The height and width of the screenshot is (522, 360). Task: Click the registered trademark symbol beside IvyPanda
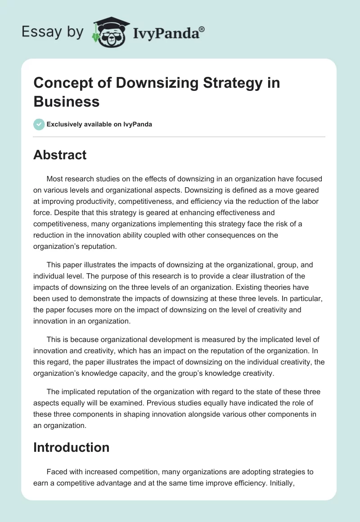[202, 29]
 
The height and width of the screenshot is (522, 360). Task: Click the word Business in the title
[66, 101]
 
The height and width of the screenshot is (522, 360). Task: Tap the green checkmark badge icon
[39, 124]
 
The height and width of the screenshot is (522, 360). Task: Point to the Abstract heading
[60, 155]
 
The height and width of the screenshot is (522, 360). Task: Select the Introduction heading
[71, 447]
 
